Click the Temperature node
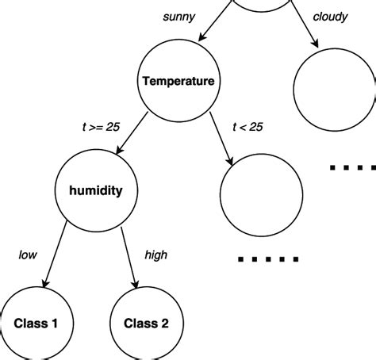pyautogui.click(x=178, y=81)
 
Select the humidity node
pyautogui.click(x=93, y=190)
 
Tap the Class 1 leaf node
pyautogui.click(x=35, y=324)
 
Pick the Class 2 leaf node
pyautogui.click(x=147, y=324)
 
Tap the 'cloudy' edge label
pyautogui.click(x=330, y=17)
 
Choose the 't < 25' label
pyautogui.click(x=247, y=126)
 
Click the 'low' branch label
pyautogui.click(x=29, y=255)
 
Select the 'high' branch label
pyautogui.click(x=155, y=255)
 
